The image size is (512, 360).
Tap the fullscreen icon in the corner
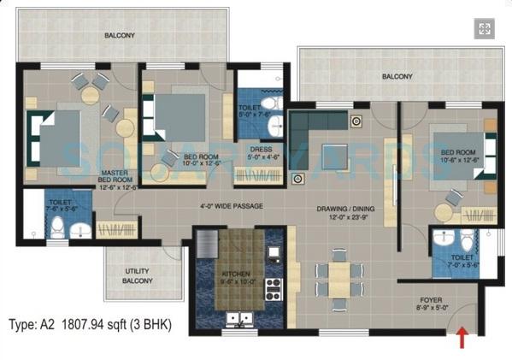485,30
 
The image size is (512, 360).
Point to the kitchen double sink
235,320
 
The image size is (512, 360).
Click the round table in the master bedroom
90,95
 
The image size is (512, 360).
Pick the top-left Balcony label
118,36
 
